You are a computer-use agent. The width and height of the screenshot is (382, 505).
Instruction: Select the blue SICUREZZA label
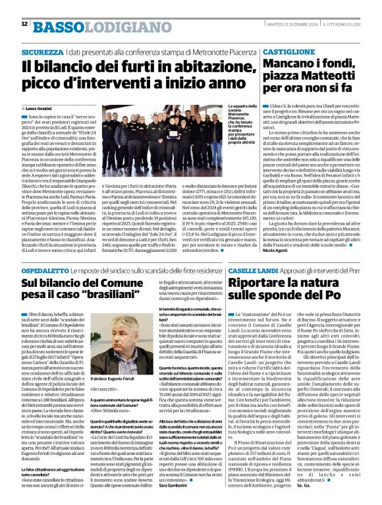pyautogui.click(x=42, y=51)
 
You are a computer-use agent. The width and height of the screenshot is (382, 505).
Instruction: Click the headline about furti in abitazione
pyautogui.click(x=127, y=75)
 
